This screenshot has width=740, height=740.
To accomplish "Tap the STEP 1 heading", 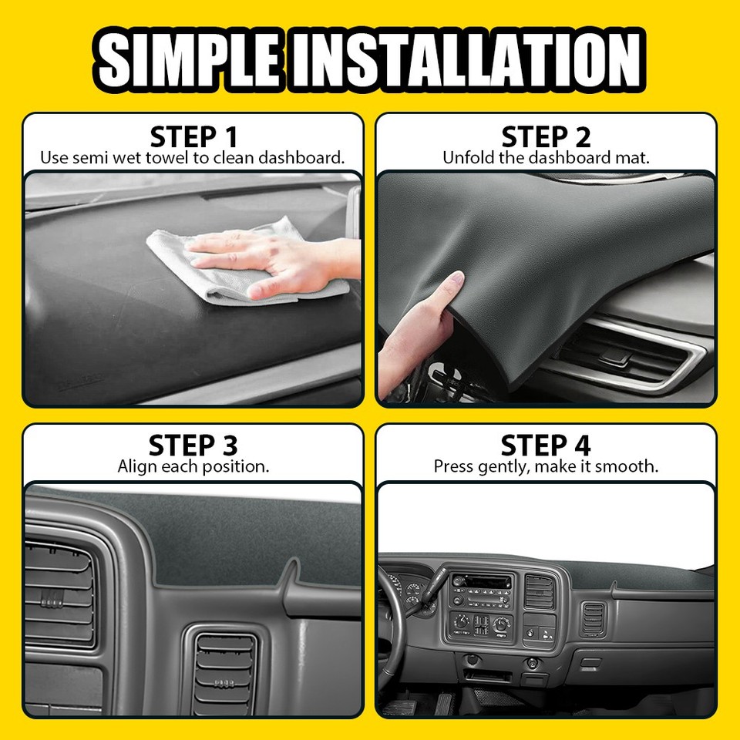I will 193,137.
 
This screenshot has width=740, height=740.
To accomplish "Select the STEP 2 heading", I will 546,137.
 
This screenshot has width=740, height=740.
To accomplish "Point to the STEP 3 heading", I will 193,446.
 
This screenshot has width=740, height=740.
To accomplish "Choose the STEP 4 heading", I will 546,446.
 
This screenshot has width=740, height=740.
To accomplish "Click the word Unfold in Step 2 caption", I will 466,158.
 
